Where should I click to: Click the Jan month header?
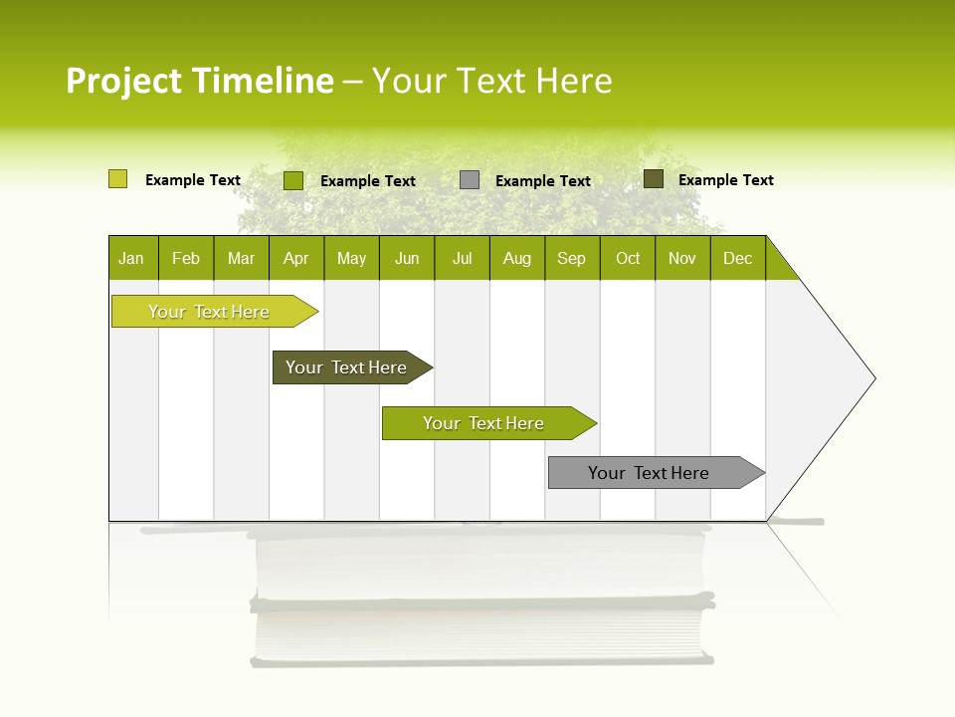[x=132, y=258]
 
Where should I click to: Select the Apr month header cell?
[x=295, y=258]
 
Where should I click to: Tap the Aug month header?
[x=516, y=258]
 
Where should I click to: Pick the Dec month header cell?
[x=737, y=258]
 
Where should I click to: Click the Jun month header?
[x=406, y=258]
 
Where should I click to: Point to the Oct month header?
[x=627, y=258]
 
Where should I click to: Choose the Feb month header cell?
[x=186, y=258]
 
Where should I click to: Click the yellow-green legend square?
[x=117, y=179]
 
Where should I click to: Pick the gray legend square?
[x=470, y=179]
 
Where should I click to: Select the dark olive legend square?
[x=653, y=179]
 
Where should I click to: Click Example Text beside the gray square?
[x=543, y=180]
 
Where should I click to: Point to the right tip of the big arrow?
[x=872, y=378]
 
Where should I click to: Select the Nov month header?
[x=682, y=258]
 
